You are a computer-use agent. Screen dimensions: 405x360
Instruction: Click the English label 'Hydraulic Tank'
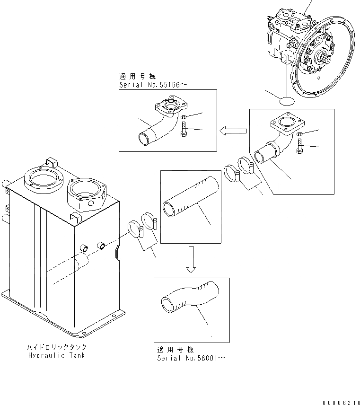[56, 355]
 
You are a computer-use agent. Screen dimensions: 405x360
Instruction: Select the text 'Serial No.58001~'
[191, 358]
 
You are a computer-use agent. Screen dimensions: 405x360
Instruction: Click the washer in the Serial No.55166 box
[184, 117]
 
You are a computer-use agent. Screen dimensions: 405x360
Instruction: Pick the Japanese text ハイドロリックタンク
[56, 347]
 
